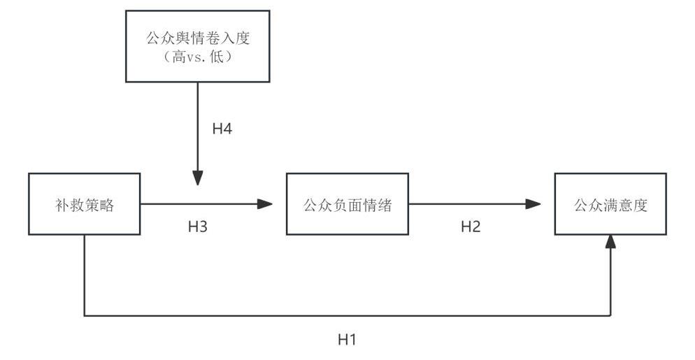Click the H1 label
tap(347, 340)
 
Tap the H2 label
tap(470, 226)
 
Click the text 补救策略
tap(84, 205)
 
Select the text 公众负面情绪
tap(347, 205)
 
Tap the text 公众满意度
tap(610, 205)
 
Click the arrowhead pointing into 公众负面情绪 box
tap(265, 204)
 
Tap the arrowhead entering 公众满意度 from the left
tap(533, 204)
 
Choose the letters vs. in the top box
tap(201, 58)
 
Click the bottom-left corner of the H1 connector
tap(85, 315)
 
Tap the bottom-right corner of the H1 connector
tap(611, 315)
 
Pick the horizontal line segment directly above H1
tap(347, 315)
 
